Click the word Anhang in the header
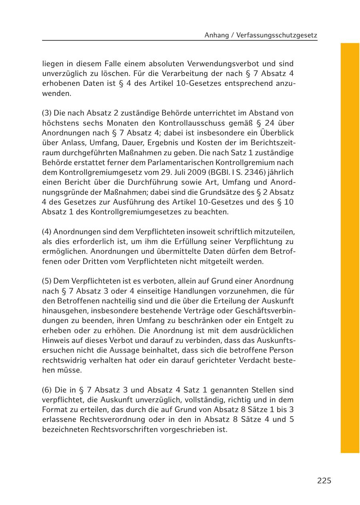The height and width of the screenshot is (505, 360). click(x=215, y=35)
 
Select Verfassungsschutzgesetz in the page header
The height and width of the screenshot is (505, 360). click(x=277, y=35)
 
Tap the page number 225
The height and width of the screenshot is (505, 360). click(x=324, y=481)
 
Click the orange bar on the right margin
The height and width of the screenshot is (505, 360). click(x=350, y=248)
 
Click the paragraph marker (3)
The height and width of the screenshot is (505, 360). click(x=47, y=113)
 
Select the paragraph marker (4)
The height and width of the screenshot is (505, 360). click(x=47, y=232)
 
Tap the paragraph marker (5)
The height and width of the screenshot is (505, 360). click(x=47, y=281)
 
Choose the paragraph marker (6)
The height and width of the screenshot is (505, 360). click(x=47, y=390)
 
